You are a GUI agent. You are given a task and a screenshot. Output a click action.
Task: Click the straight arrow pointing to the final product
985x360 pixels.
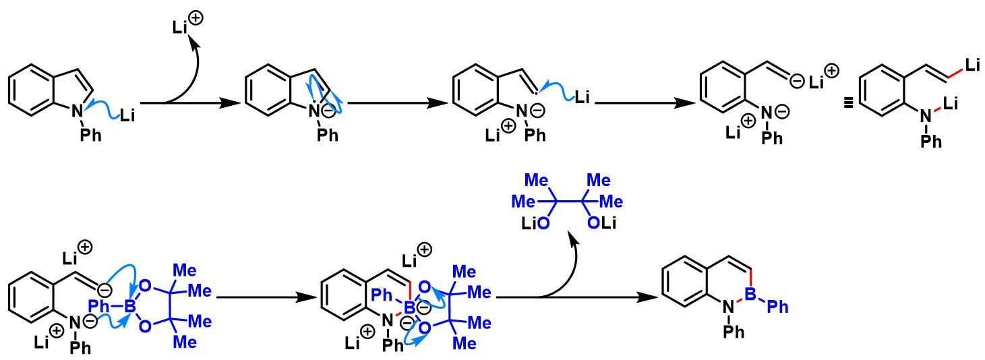coord(580,297)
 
